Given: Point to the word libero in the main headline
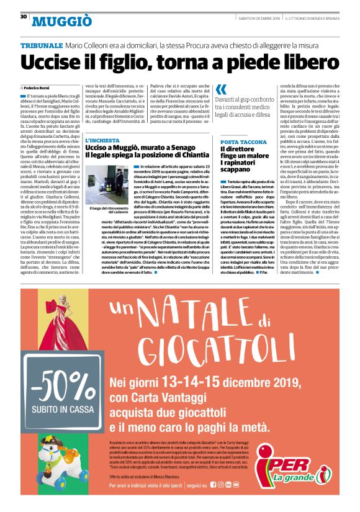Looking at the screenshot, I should click(307, 64).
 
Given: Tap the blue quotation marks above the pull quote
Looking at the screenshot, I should click(221, 89).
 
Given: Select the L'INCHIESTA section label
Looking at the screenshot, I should click(103, 141).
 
